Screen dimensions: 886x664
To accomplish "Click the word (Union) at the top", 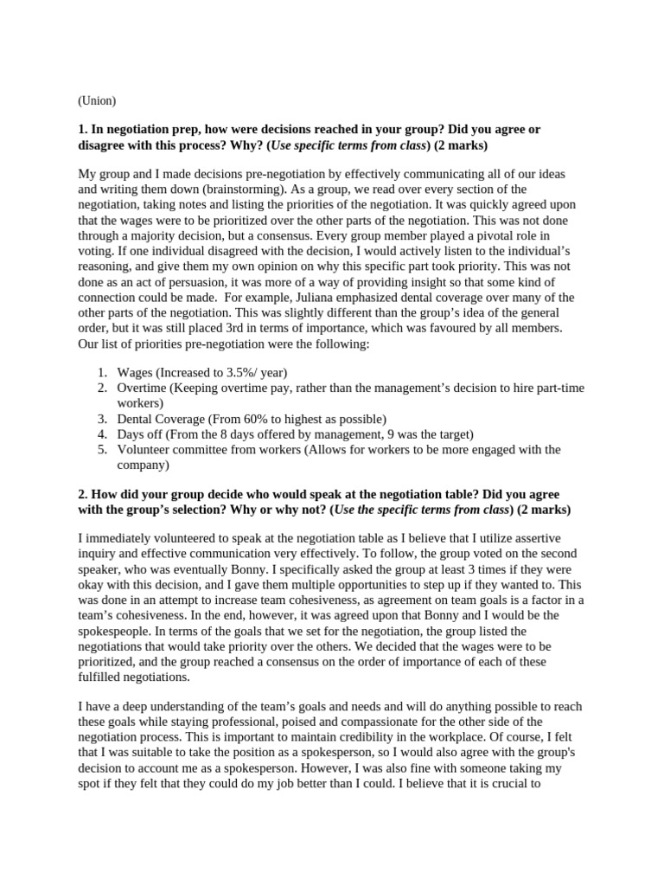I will click(96, 100).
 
